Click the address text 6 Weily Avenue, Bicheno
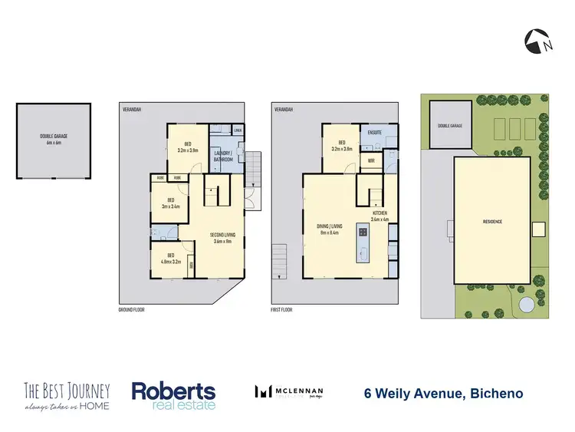443,394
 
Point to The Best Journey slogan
67,395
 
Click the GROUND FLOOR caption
133,311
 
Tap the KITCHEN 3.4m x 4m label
379,216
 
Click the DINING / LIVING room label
330,229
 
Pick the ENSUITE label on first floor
375,132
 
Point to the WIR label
370,161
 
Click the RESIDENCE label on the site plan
492,222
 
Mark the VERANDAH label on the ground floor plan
133,110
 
